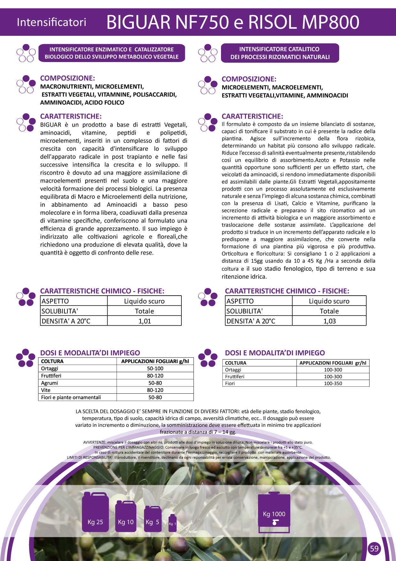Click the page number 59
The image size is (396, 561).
pyautogui.click(x=374, y=549)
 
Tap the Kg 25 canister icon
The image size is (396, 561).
pyautogui.click(x=95, y=512)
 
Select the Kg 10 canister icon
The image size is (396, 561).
pyautogui.click(x=126, y=516)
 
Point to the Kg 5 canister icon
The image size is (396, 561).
pyautogui.click(x=153, y=519)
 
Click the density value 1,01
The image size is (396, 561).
pyautogui.click(x=144, y=321)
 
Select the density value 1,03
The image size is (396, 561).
pyautogui.click(x=329, y=321)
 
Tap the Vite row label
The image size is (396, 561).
pyautogui.click(x=46, y=390)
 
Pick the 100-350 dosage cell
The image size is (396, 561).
pyautogui.click(x=333, y=383)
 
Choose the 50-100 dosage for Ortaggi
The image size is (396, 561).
pyautogui.click(x=155, y=368)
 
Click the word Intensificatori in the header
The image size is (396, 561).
pyautogui.click(x=51, y=22)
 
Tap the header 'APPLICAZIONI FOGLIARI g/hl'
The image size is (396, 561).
pyautogui.click(x=155, y=361)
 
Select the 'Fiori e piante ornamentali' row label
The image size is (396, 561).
pyautogui.click(x=71, y=398)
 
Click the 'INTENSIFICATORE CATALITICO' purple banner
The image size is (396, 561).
pyautogui.click(x=280, y=53)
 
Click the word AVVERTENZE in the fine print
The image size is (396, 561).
pyautogui.click(x=95, y=442)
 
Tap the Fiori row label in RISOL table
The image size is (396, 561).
pyautogui.click(x=230, y=383)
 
